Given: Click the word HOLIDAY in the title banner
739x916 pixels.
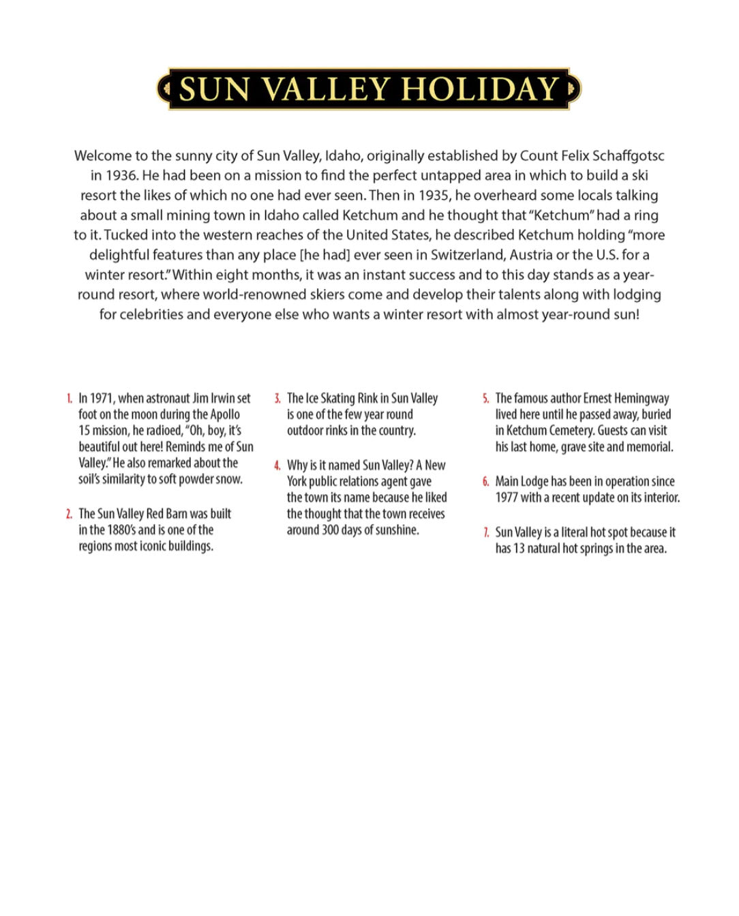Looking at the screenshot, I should tap(480, 89).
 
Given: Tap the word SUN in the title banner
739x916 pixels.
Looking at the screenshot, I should tap(213, 89).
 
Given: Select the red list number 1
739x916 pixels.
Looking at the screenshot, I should tap(70, 399).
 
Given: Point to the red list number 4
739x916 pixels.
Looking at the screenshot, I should tap(277, 466).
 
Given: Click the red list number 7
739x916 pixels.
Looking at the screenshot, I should tap(486, 533).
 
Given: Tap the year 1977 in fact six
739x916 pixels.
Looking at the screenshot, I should tap(507, 498).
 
